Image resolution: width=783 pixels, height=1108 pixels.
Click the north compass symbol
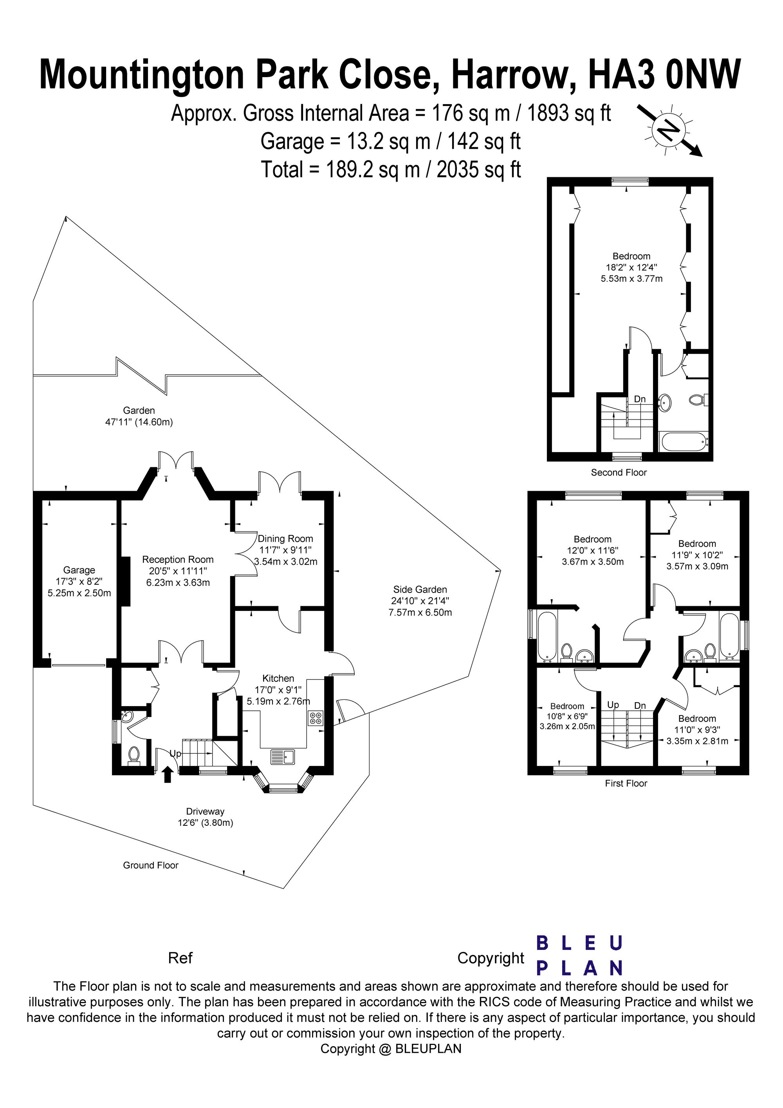coord(670,130)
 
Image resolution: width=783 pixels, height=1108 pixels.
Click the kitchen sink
coord(282,756)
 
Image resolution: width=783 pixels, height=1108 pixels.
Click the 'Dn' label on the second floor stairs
coord(640,399)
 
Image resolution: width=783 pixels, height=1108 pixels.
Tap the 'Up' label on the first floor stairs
coord(613,705)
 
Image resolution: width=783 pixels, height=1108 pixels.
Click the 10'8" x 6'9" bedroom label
coord(567,716)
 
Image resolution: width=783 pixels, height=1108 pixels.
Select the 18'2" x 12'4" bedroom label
coord(631,267)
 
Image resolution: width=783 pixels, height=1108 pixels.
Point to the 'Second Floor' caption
coord(619,472)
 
